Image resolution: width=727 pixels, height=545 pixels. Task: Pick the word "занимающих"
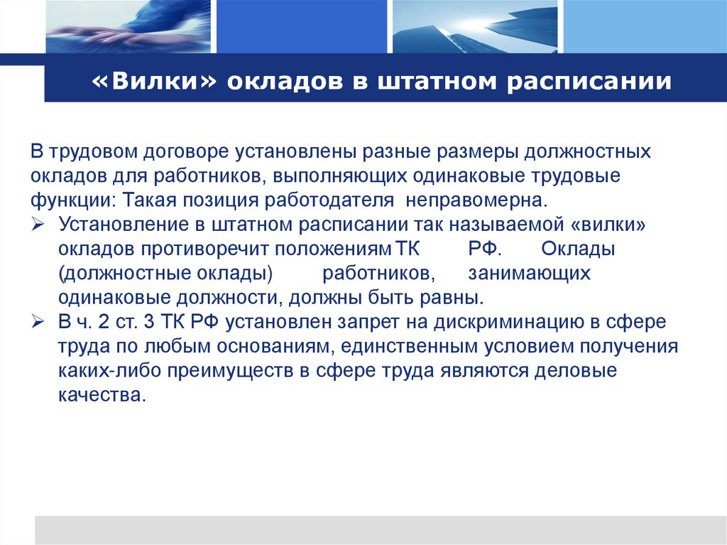click(529, 273)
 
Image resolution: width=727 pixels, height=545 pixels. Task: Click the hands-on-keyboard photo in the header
click(128, 27)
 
